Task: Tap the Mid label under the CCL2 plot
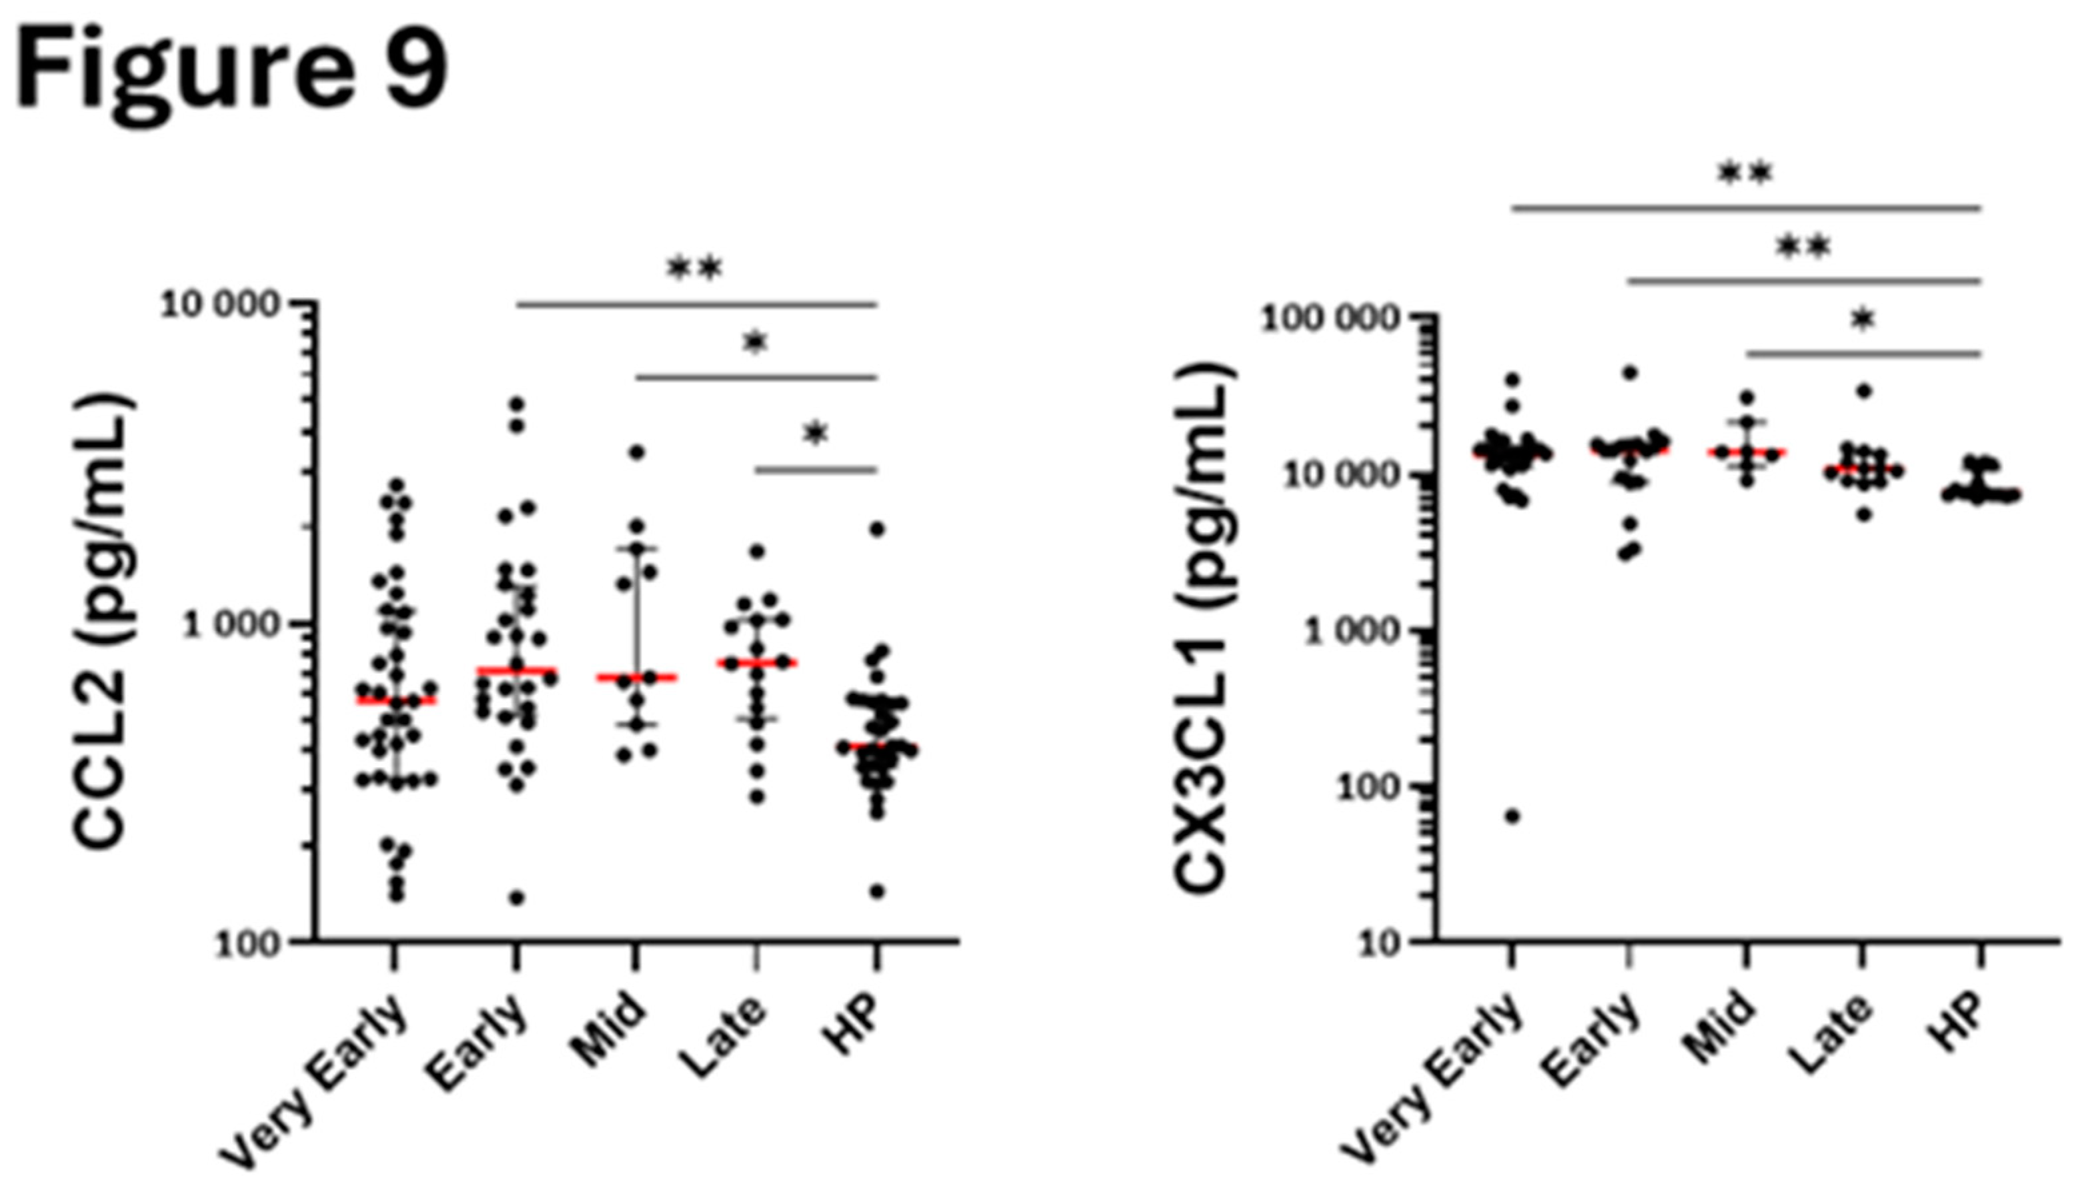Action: pyautogui.click(x=608, y=1029)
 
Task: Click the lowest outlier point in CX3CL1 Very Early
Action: pyautogui.click(x=1512, y=816)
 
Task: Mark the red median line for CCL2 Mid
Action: pyautogui.click(x=636, y=677)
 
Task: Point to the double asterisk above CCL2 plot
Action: pyautogui.click(x=694, y=269)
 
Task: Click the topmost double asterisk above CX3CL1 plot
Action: pyautogui.click(x=1745, y=174)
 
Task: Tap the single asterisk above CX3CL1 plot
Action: pyautogui.click(x=1863, y=319)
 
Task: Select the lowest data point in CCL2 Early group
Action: pyautogui.click(x=516, y=898)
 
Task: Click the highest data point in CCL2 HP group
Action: pyautogui.click(x=877, y=529)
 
